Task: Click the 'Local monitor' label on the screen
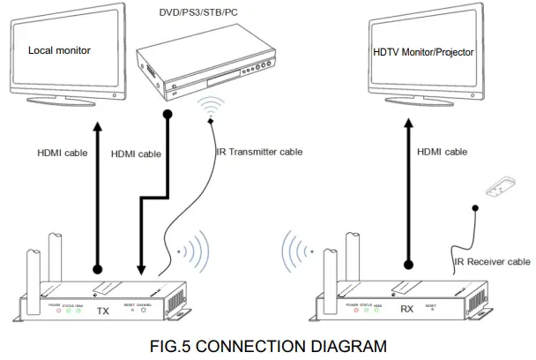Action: point(59,50)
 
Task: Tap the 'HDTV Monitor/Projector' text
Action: point(423,52)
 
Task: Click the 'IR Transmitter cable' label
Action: point(259,152)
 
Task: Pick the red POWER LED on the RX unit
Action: point(354,313)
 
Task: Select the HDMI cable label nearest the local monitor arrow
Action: point(62,152)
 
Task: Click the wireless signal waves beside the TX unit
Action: point(193,251)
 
